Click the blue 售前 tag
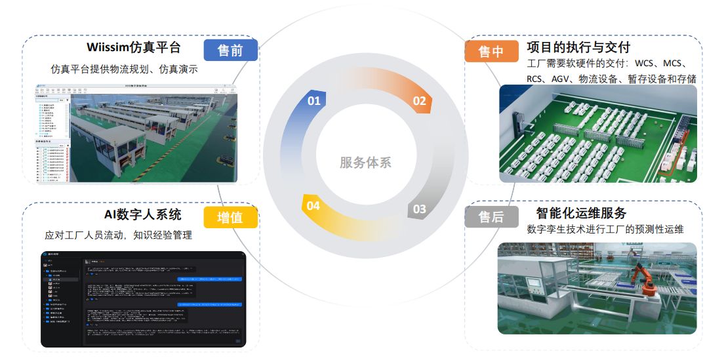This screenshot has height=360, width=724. tap(230, 50)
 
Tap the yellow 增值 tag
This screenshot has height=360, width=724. tap(230, 217)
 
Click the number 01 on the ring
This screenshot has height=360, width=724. tap(314, 101)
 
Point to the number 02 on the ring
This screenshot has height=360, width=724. tap(419, 101)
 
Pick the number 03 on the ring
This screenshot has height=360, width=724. tap(419, 210)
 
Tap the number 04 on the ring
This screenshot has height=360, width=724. tap(313, 206)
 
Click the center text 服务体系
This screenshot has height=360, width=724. tap(365, 163)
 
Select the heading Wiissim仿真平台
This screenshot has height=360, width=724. tap(134, 48)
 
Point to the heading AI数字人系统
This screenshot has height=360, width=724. tap(143, 214)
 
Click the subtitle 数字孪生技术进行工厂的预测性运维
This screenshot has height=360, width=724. tap(605, 230)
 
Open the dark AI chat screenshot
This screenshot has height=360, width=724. tap(143, 299)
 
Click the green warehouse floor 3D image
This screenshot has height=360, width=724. tap(597, 134)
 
